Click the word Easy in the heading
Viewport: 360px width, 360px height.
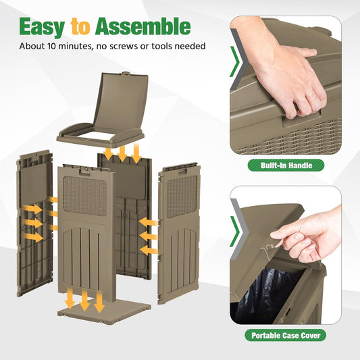(43, 27)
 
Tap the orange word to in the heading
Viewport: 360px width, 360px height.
(80, 27)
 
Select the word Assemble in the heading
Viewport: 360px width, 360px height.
(143, 26)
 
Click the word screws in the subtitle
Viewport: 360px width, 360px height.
(124, 47)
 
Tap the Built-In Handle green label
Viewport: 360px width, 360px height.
(286, 165)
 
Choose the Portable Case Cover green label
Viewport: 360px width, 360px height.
(286, 336)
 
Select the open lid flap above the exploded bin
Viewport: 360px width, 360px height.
(120, 102)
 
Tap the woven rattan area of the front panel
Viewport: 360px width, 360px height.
(85, 196)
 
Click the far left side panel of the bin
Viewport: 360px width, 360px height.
(34, 223)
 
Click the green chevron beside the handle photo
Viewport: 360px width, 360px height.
(234, 61)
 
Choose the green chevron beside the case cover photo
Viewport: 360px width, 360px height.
(234, 232)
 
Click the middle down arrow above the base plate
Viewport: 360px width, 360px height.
(84, 300)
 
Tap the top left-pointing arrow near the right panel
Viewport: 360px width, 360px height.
(149, 222)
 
